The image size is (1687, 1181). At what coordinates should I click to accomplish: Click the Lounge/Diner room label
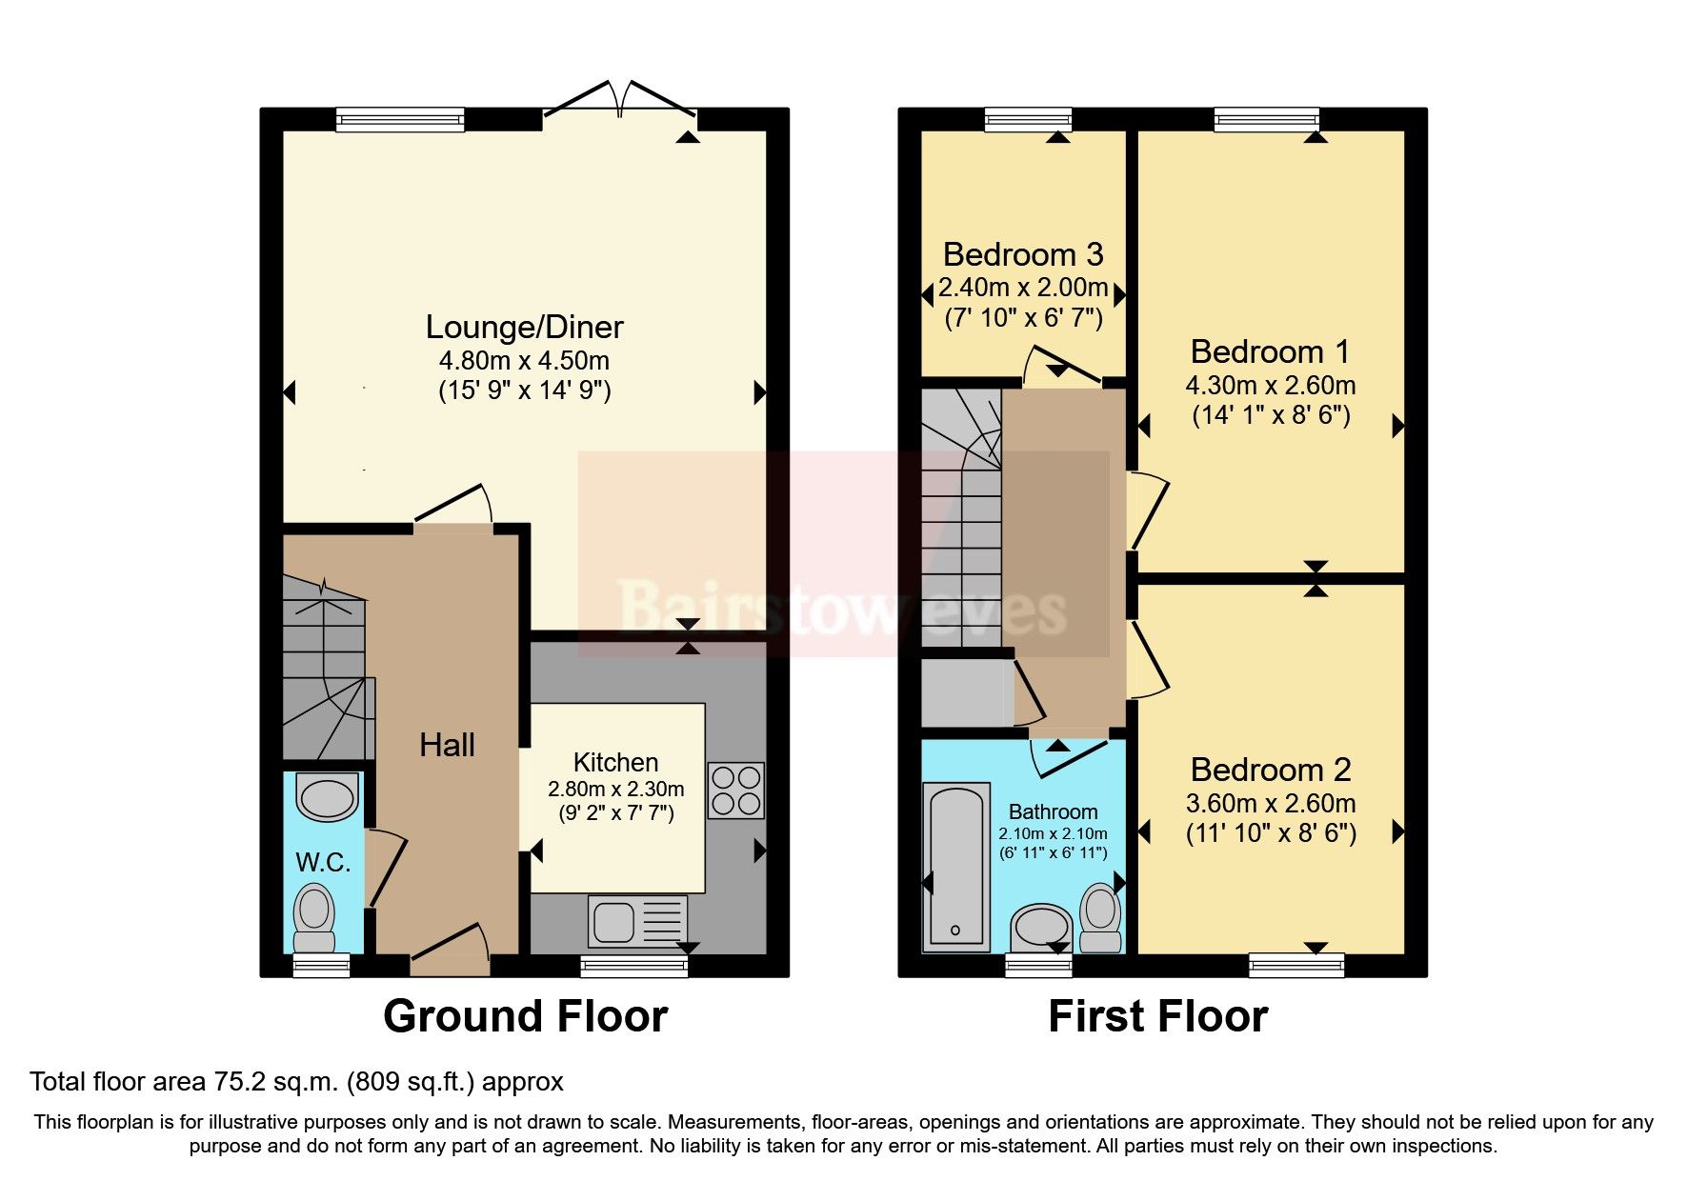click(524, 327)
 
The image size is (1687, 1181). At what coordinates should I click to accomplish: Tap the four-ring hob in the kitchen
click(735, 791)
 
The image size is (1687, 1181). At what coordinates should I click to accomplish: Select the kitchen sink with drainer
click(636, 921)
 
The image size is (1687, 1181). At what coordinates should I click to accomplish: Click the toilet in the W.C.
click(313, 914)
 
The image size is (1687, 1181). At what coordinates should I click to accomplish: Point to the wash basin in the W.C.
click(327, 797)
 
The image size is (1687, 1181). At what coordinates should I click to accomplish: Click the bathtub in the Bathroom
click(955, 866)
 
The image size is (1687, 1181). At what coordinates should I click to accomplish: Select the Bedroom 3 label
click(1022, 254)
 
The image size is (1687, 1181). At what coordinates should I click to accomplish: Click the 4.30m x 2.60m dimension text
click(1270, 386)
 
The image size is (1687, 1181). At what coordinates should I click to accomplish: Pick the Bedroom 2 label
click(1270, 769)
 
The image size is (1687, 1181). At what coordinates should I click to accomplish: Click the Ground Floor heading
click(525, 1016)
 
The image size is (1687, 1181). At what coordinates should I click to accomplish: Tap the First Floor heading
click(1157, 1016)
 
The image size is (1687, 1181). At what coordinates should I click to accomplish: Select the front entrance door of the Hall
click(451, 950)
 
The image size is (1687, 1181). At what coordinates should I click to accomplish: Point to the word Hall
click(447, 745)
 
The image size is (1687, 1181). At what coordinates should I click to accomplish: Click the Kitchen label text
click(615, 762)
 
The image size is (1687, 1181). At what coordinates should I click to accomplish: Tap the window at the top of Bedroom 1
click(1266, 118)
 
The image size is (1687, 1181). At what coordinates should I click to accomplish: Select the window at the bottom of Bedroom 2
click(1296, 965)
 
